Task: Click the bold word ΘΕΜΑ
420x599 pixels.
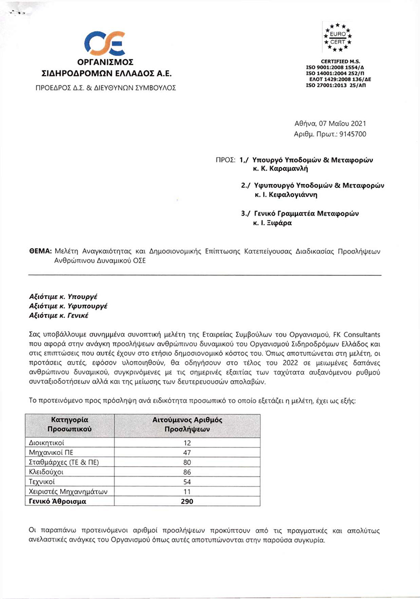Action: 40,251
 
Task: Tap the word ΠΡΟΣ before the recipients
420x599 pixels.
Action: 226,160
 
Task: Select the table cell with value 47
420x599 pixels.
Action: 187,452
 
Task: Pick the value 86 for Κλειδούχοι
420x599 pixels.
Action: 187,472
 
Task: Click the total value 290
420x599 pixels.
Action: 187,501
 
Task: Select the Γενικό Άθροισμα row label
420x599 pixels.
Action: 56,501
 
